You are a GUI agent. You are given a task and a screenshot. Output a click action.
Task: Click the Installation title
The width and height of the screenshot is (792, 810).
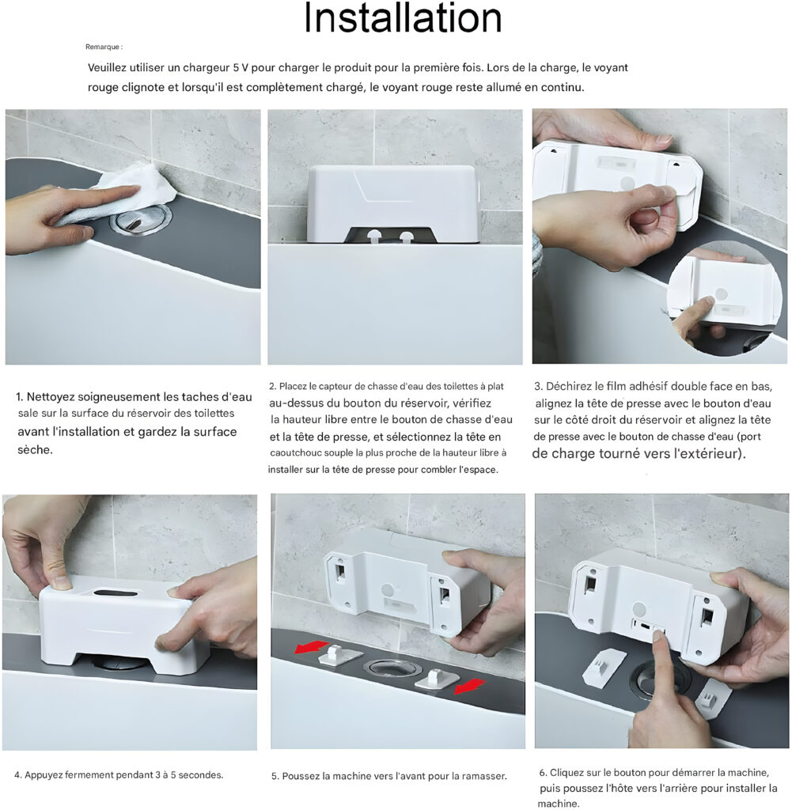point(403,18)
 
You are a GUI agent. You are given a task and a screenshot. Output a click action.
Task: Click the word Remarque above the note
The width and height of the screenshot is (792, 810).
point(102,47)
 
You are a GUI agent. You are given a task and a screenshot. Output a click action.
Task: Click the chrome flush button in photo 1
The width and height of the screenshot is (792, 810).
point(141,219)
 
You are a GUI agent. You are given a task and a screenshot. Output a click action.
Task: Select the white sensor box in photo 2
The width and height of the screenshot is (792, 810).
point(395,204)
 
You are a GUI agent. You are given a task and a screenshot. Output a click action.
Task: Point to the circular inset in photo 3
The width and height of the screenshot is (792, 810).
point(724,298)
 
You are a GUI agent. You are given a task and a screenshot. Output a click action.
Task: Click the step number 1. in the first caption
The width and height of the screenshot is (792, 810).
point(20,397)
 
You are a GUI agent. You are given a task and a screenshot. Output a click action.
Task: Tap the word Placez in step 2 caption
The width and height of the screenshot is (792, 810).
point(293,386)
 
